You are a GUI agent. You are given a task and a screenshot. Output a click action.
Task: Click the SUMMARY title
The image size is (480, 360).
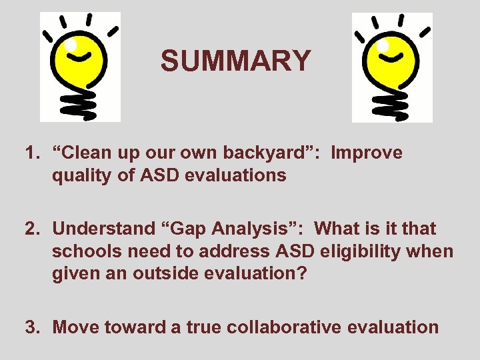coord(235,61)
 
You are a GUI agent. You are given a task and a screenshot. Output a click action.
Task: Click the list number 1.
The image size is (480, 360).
coord(31,153)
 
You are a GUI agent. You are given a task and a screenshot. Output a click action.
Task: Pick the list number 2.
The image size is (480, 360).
coord(31,229)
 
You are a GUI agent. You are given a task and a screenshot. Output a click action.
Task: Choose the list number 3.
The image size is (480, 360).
coord(31,327)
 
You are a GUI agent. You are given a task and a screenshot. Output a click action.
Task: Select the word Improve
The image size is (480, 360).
coord(367,153)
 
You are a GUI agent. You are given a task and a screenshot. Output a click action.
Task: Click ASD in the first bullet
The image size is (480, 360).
coord(159,176)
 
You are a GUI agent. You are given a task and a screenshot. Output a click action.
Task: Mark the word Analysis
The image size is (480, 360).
coord(260,229)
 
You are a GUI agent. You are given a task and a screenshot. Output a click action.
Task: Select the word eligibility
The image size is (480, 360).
coord(357,252)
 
